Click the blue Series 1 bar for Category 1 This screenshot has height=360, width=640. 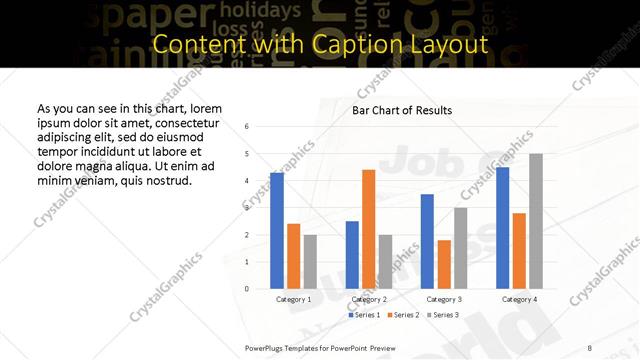277,231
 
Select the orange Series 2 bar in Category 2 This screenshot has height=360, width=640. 368,229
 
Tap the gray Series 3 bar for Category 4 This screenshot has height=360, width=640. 536,221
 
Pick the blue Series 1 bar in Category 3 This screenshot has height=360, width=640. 427,241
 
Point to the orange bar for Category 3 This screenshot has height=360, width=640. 444,264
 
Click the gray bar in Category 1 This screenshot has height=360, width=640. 310,262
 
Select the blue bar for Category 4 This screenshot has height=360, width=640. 502,228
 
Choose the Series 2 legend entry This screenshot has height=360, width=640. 403,315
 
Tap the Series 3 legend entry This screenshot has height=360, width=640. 443,315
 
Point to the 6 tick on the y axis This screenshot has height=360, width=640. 247,127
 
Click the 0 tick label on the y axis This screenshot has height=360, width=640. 247,289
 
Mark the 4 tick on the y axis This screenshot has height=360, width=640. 247,181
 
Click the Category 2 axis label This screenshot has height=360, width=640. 368,299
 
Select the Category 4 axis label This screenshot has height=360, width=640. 519,299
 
